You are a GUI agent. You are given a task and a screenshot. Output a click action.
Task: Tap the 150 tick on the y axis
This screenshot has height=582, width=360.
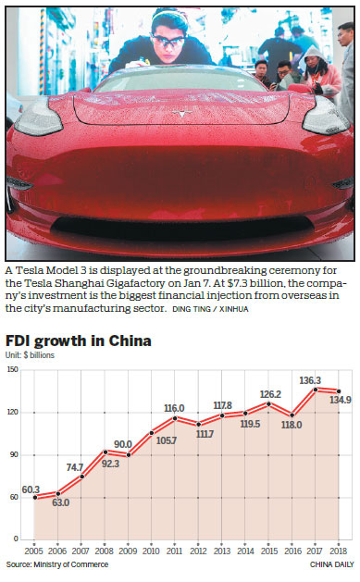point(13,370)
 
